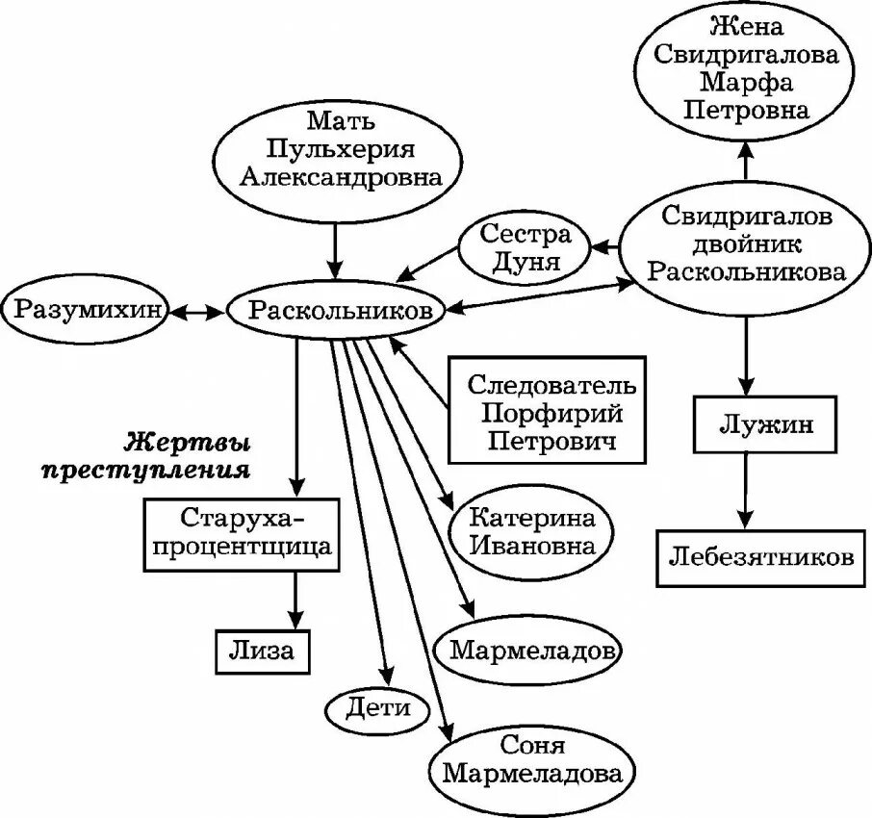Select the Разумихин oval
tap(84, 310)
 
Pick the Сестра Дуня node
tap(525, 248)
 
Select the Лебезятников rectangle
tap(760, 557)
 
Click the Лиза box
tap(262, 650)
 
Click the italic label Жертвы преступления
tap(189, 457)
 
